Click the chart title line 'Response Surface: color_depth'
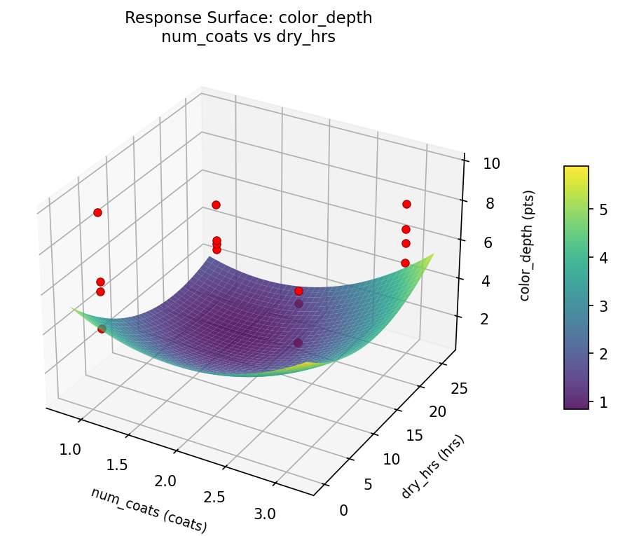[x=248, y=18]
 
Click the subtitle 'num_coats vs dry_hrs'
[x=248, y=37]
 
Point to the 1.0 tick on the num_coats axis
[x=71, y=449]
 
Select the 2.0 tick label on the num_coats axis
[x=165, y=481]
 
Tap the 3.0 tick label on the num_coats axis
[x=264, y=514]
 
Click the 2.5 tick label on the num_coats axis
[x=214, y=497]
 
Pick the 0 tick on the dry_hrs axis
[x=343, y=510]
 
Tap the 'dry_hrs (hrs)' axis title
[x=433, y=467]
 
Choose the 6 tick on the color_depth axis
[x=488, y=242]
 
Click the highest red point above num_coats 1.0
[x=97, y=212]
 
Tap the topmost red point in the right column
[x=406, y=204]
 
